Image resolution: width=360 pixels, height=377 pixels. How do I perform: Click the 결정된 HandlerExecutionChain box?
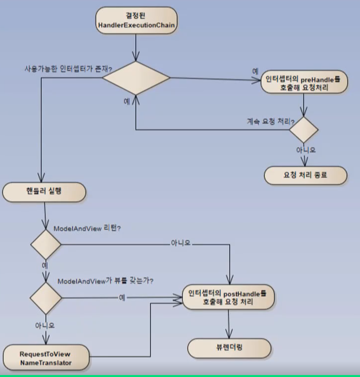136,21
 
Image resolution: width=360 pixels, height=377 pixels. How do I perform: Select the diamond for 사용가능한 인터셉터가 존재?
136,78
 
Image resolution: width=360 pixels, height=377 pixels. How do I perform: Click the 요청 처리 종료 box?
305,175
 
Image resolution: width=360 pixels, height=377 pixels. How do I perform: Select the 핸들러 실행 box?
44,191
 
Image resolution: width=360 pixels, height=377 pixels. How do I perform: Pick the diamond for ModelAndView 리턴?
46,244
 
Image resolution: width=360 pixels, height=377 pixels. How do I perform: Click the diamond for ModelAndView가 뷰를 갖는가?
46,298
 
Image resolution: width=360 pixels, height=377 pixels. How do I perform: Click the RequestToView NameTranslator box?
46,358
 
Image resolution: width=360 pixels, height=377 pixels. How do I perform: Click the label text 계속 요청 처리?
267,120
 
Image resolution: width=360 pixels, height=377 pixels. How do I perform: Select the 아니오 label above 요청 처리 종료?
306,150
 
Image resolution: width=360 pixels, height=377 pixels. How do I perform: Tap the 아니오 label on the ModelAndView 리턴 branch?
181,243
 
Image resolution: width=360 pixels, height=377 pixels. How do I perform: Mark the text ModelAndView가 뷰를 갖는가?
105,281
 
